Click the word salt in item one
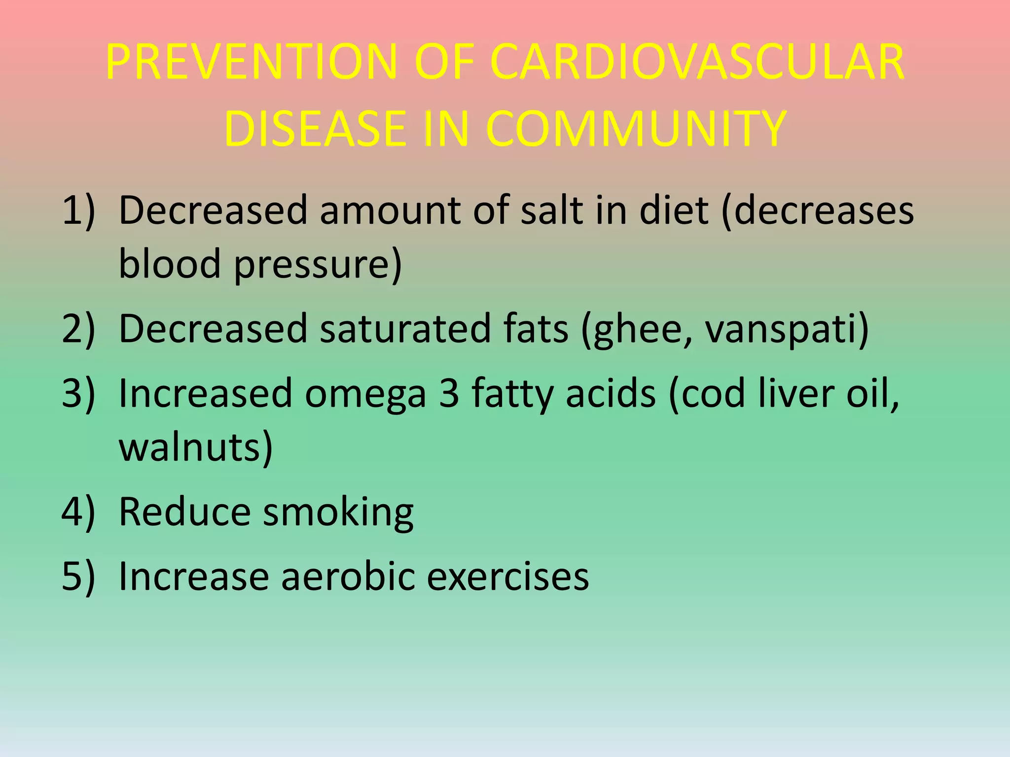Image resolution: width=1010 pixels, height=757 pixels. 552,211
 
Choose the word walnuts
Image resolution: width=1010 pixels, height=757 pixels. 195,447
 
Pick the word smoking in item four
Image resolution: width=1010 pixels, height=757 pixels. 338,513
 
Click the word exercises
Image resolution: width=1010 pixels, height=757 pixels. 507,576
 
